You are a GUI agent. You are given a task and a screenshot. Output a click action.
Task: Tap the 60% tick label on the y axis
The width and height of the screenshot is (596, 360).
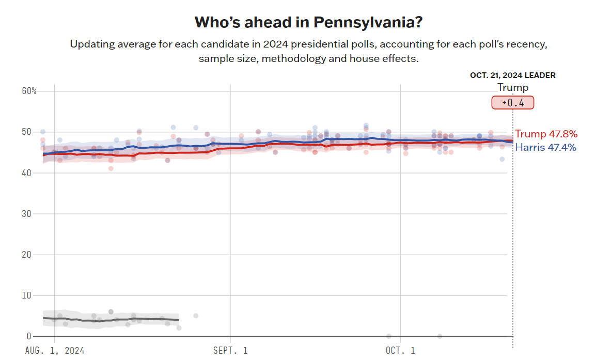click(x=29, y=91)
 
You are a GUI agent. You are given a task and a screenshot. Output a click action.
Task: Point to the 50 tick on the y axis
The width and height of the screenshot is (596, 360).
click(x=26, y=132)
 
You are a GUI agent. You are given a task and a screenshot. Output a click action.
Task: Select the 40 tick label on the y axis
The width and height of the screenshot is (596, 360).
click(x=26, y=173)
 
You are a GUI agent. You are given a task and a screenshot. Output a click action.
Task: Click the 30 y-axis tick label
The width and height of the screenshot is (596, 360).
click(x=26, y=213)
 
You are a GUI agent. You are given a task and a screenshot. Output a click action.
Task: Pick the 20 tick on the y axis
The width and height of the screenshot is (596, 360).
click(x=26, y=254)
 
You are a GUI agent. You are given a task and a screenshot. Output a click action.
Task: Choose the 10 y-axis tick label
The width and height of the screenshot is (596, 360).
click(x=26, y=295)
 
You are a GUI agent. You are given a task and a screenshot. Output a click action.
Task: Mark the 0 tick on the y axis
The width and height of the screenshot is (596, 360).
click(x=29, y=336)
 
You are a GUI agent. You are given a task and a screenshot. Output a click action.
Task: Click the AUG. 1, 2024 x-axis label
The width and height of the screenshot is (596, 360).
click(x=54, y=351)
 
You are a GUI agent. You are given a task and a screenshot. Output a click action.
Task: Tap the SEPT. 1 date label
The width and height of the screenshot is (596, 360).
click(x=230, y=351)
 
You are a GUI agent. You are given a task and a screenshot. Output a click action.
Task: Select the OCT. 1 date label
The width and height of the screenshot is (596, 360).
click(x=400, y=351)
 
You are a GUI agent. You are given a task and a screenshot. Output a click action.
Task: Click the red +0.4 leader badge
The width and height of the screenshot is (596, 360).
click(x=512, y=102)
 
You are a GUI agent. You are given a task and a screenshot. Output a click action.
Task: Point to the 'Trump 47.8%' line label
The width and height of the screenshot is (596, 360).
click(x=546, y=134)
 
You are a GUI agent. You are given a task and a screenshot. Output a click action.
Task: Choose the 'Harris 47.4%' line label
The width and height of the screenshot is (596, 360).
click(x=545, y=148)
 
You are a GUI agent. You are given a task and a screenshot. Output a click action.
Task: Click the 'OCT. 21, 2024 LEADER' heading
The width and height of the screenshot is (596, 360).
click(x=512, y=75)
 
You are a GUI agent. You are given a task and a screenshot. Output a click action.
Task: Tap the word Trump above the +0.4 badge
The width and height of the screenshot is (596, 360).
click(x=512, y=87)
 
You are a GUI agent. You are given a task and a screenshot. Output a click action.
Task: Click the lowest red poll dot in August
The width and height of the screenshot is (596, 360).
click(x=111, y=168)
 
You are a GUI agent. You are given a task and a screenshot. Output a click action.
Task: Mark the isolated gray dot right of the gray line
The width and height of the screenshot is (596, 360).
click(x=196, y=316)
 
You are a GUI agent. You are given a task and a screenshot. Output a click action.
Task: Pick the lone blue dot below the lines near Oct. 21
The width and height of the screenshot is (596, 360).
click(x=502, y=159)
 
